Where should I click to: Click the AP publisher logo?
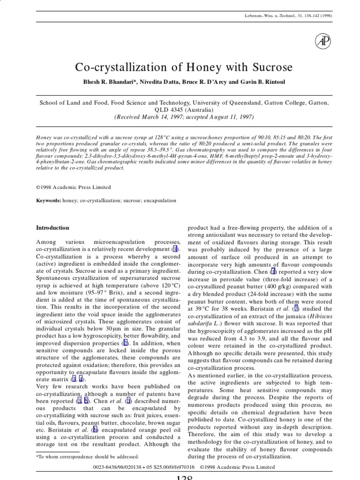click(323, 41)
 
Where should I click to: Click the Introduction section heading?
click(52, 228)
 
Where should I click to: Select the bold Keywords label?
click(48, 201)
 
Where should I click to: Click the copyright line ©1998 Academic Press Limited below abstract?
click(74, 187)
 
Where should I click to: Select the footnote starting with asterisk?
click(88, 456)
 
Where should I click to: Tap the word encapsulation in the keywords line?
click(161, 201)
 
